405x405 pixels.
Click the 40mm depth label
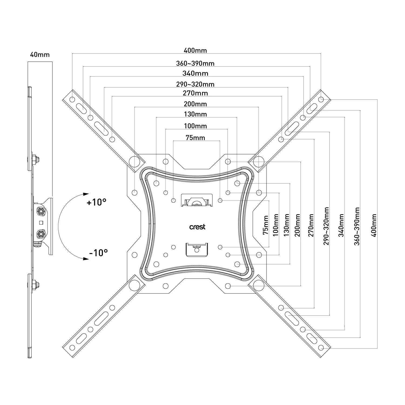[40, 55]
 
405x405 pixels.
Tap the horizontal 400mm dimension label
[195, 50]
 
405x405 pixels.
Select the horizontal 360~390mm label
[195, 63]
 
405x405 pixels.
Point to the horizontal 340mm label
[195, 73]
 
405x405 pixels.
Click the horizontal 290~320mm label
[195, 84]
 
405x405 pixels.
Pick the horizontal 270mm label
[195, 93]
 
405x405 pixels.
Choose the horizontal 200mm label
[195, 104]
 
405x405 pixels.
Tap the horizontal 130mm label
[195, 114]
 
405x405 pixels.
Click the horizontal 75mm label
[195, 138]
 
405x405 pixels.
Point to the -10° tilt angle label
[98, 253]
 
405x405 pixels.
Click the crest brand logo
[197, 227]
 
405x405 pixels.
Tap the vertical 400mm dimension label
[374, 225]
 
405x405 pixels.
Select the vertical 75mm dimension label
[266, 225]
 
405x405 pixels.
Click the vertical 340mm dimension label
[341, 225]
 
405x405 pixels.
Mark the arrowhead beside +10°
[86, 194]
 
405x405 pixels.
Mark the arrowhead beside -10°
[86, 259]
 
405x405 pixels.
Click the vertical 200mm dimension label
[298, 225]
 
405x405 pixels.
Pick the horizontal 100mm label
[195, 126]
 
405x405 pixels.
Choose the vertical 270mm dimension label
[311, 225]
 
